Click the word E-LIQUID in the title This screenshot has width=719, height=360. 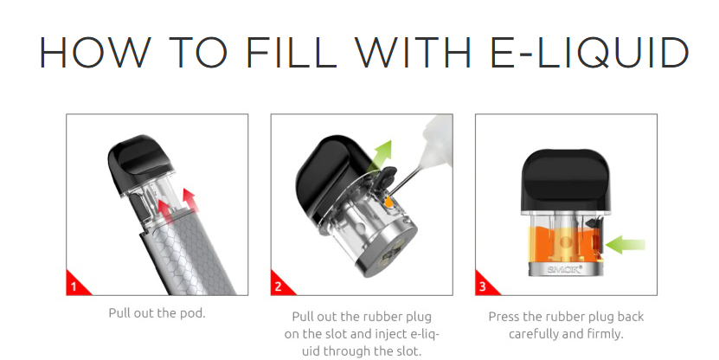point(588,52)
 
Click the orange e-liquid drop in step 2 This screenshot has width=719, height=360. point(388,201)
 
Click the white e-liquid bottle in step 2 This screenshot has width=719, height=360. point(435,140)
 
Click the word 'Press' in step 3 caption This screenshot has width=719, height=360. point(504,317)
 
